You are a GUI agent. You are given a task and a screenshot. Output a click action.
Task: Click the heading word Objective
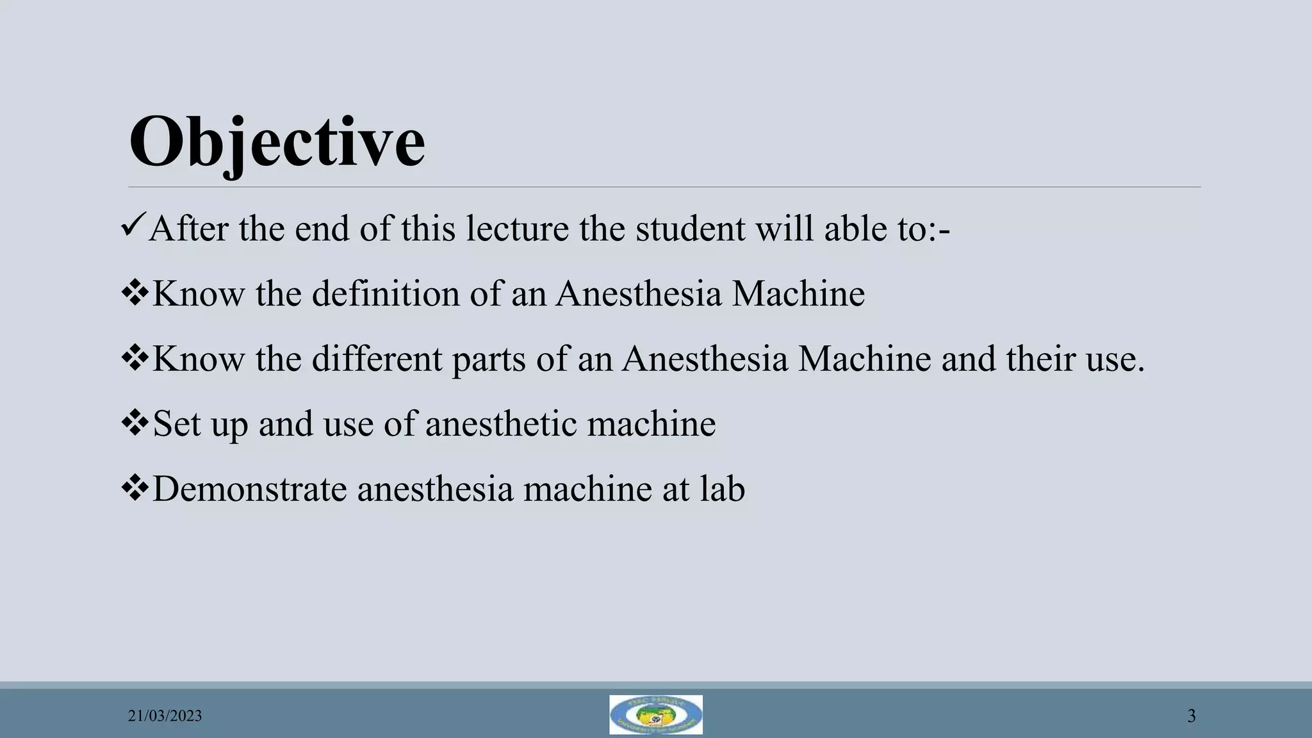pyautogui.click(x=277, y=142)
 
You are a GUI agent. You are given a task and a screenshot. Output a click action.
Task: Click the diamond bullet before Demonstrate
pyautogui.click(x=135, y=488)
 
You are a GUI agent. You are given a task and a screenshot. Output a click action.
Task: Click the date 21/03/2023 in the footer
pyautogui.click(x=165, y=716)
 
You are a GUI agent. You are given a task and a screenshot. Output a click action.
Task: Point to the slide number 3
pyautogui.click(x=1191, y=716)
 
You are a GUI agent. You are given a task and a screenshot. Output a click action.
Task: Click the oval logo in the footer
pyautogui.click(x=655, y=715)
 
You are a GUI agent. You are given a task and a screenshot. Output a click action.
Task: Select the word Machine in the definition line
pyautogui.click(x=798, y=294)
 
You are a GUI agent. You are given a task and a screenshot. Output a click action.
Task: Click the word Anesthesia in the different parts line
pyautogui.click(x=705, y=359)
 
